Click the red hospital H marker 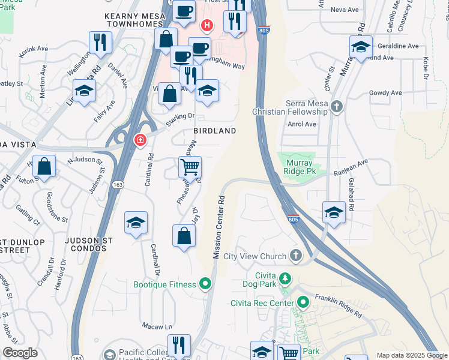207,25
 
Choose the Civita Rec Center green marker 303,302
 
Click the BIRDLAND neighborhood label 214,130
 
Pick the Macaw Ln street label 157,327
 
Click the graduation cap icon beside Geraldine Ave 361,47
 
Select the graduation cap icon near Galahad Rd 334,212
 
